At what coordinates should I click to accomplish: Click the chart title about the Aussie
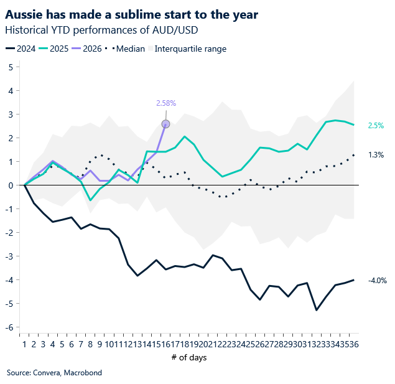click(131, 13)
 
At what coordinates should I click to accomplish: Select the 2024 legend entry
click(21, 49)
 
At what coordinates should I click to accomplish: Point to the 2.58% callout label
click(165, 103)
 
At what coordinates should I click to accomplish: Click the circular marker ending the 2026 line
click(165, 124)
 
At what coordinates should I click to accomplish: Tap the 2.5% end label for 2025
click(376, 126)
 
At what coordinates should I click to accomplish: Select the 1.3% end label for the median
click(376, 154)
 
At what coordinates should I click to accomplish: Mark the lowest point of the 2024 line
click(317, 310)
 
